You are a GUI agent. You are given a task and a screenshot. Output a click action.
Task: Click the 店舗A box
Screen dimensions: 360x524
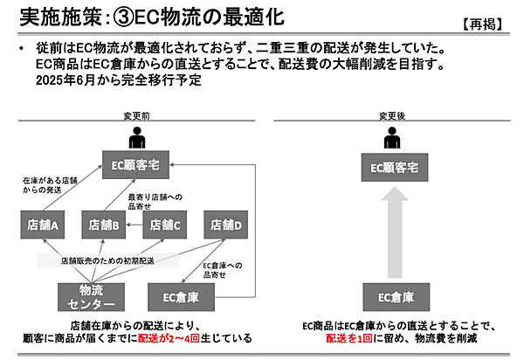pyautogui.click(x=43, y=225)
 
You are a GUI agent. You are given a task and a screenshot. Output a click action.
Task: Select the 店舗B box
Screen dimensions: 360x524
pyautogui.click(x=104, y=225)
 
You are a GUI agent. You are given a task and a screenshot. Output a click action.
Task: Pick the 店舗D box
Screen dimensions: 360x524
pyautogui.click(x=226, y=225)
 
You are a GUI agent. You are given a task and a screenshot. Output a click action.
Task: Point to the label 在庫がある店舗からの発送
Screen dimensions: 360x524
pyautogui.click(x=44, y=184)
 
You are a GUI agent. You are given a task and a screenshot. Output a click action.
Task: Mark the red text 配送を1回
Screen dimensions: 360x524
pyautogui.click(x=353, y=337)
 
